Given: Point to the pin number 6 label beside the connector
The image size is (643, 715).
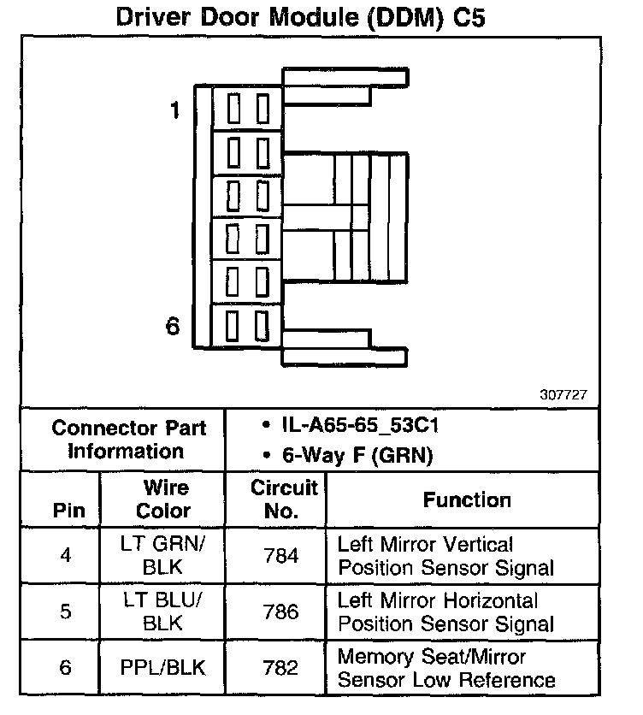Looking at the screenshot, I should (x=173, y=327).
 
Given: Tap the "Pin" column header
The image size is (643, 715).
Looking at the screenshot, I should (x=69, y=511).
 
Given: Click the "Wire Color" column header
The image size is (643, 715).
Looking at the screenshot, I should (x=164, y=499).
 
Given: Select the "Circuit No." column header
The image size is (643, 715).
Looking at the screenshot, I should (x=283, y=499).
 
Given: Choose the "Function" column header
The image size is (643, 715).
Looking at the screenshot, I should (x=467, y=500).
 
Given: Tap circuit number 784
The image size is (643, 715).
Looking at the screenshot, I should (x=281, y=556).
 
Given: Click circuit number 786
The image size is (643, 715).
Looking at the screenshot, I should (x=281, y=612).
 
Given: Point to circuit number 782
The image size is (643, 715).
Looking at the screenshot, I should (x=281, y=668).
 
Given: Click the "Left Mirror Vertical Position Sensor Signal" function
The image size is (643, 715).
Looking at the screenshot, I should (x=445, y=556).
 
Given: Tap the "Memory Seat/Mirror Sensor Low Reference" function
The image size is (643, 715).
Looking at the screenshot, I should (x=445, y=668).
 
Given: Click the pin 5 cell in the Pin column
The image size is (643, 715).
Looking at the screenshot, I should (x=66, y=612).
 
